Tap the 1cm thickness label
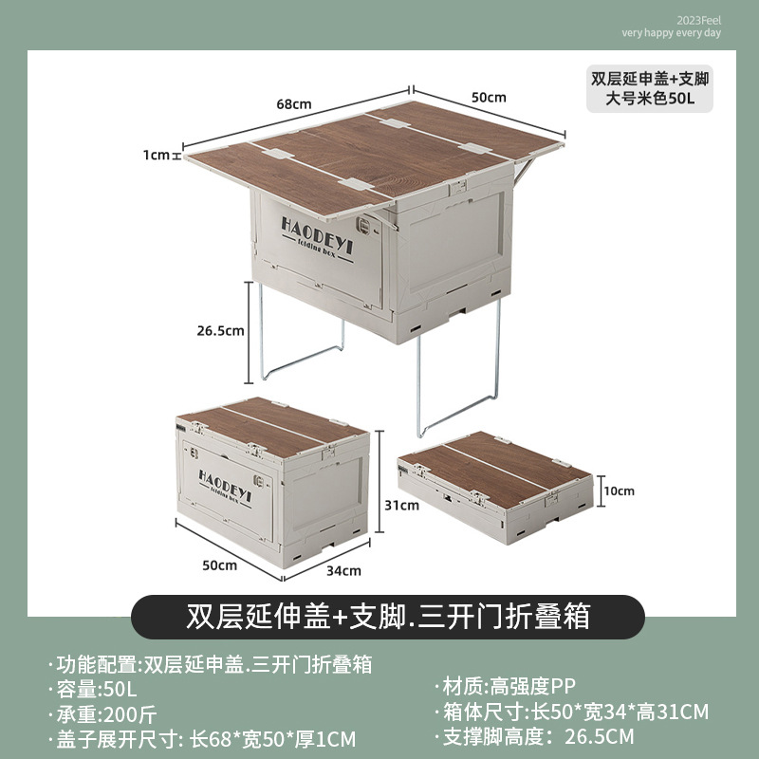[x=157, y=155]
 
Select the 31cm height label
[x=402, y=506]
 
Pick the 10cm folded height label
[x=619, y=491]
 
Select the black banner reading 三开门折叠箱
[x=388, y=617]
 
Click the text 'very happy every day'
[x=672, y=32]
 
